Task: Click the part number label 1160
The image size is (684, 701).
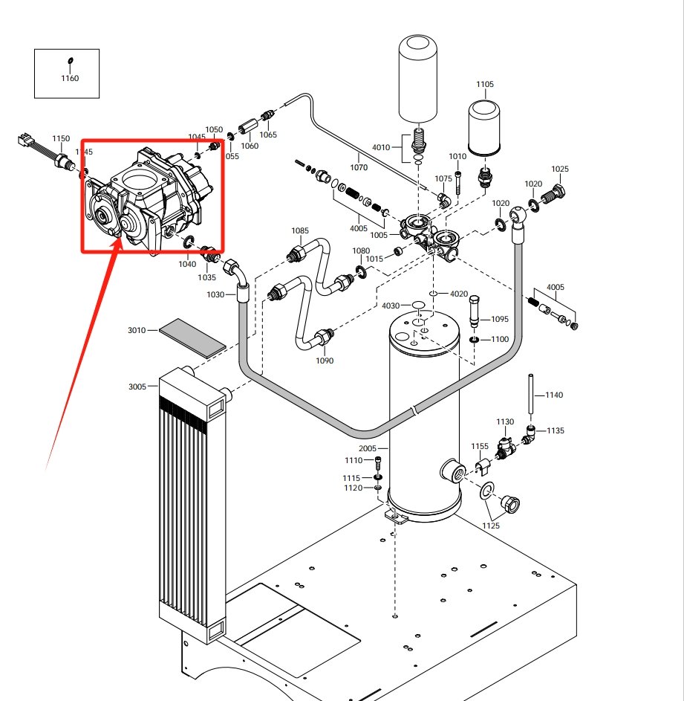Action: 69,78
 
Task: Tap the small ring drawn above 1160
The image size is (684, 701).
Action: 70,61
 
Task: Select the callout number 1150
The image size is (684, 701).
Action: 61,138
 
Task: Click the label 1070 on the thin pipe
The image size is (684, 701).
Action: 359,168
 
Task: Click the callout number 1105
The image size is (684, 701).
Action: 484,85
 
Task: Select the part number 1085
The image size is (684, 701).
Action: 300,230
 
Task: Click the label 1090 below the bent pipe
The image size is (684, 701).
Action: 325,361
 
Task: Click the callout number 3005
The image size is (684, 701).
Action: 137,387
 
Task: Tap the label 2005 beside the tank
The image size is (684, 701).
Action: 368,449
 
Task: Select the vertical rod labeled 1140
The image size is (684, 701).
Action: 532,395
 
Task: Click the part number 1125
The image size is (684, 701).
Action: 490,526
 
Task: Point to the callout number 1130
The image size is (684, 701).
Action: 505,421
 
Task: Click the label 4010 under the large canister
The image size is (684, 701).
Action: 381,147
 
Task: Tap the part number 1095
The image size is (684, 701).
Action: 500,320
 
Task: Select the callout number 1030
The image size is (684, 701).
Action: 215,294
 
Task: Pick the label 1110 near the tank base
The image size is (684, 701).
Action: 354,461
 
